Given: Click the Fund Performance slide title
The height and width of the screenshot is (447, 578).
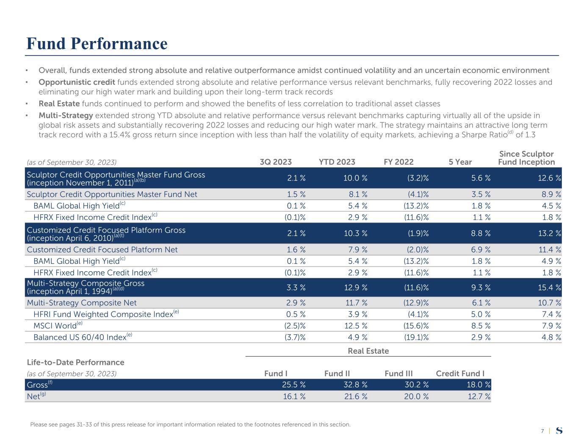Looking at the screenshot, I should (x=97, y=44).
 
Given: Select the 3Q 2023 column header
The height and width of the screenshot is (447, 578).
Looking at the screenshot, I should (x=275, y=162).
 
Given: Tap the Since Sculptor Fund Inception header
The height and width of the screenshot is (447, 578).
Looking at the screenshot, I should (x=526, y=158).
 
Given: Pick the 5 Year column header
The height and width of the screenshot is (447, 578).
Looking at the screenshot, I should (x=460, y=162).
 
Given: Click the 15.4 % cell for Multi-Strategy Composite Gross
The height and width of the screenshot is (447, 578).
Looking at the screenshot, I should (x=549, y=287).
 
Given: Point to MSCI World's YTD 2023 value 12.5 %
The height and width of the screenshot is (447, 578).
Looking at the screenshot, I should (x=355, y=326).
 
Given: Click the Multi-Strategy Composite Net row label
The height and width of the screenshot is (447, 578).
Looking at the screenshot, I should (x=82, y=303).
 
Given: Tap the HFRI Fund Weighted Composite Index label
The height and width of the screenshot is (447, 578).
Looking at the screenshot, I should (x=103, y=314).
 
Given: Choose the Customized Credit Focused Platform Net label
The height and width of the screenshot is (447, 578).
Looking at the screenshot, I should (x=102, y=250).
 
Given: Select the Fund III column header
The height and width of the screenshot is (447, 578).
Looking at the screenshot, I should (x=398, y=373).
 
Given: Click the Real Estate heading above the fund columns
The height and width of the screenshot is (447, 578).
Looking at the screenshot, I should (x=368, y=351).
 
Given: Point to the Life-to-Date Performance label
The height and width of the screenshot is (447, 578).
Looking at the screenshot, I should (x=75, y=362).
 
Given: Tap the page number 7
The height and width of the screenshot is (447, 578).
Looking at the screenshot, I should (x=542, y=431).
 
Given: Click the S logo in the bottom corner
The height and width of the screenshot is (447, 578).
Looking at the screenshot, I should (x=559, y=430).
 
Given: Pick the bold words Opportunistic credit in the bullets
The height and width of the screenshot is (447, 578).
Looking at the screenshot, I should (x=77, y=82).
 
